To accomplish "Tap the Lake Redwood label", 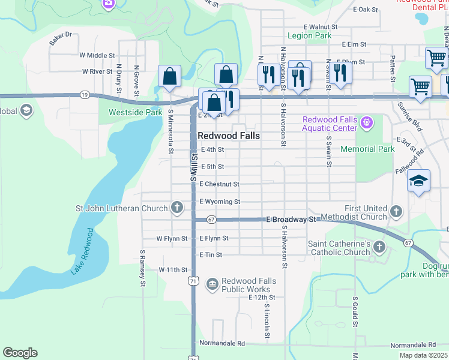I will click(x=82, y=251).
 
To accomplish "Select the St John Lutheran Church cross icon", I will click(x=176, y=208).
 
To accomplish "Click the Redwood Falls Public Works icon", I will click(x=212, y=283).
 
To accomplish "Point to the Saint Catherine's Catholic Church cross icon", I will click(x=379, y=247).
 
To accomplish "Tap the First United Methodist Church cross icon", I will click(x=396, y=211).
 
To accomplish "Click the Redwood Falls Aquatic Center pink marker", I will click(x=367, y=124).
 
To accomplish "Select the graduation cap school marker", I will click(x=418, y=181).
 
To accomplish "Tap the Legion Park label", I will click(x=310, y=36).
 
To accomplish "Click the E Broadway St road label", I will click(x=291, y=220).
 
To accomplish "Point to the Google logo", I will click(x=20, y=353).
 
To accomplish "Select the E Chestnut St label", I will click(x=220, y=184).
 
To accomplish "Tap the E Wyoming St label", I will click(x=220, y=202).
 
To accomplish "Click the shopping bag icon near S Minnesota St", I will click(x=170, y=76).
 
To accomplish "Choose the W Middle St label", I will click(x=97, y=55).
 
